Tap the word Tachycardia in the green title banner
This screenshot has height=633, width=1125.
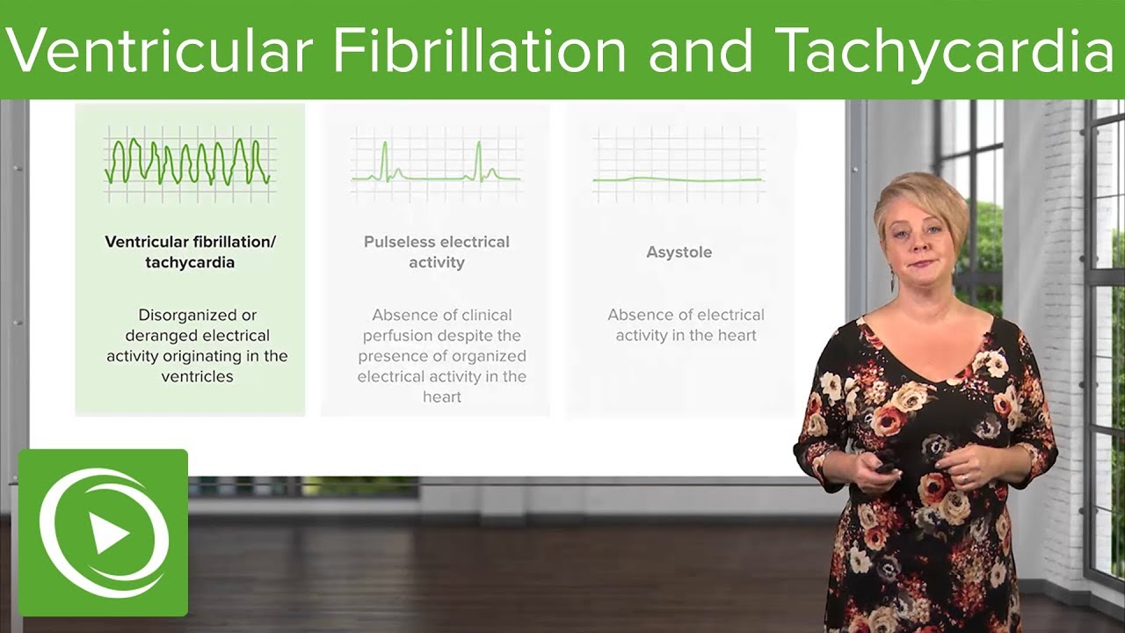click(x=947, y=50)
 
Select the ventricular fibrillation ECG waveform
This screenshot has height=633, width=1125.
click(x=188, y=161)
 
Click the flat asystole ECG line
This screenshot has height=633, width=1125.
click(x=677, y=179)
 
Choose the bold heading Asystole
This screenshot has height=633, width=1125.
click(x=679, y=252)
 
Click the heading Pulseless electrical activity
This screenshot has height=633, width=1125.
click(x=436, y=252)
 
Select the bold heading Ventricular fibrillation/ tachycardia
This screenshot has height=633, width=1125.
click(x=190, y=252)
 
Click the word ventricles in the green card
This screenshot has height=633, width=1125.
click(x=197, y=376)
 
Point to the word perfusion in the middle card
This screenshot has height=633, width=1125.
click(x=400, y=336)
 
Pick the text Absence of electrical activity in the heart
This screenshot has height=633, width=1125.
click(x=686, y=324)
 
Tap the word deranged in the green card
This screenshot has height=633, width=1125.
click(x=161, y=336)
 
